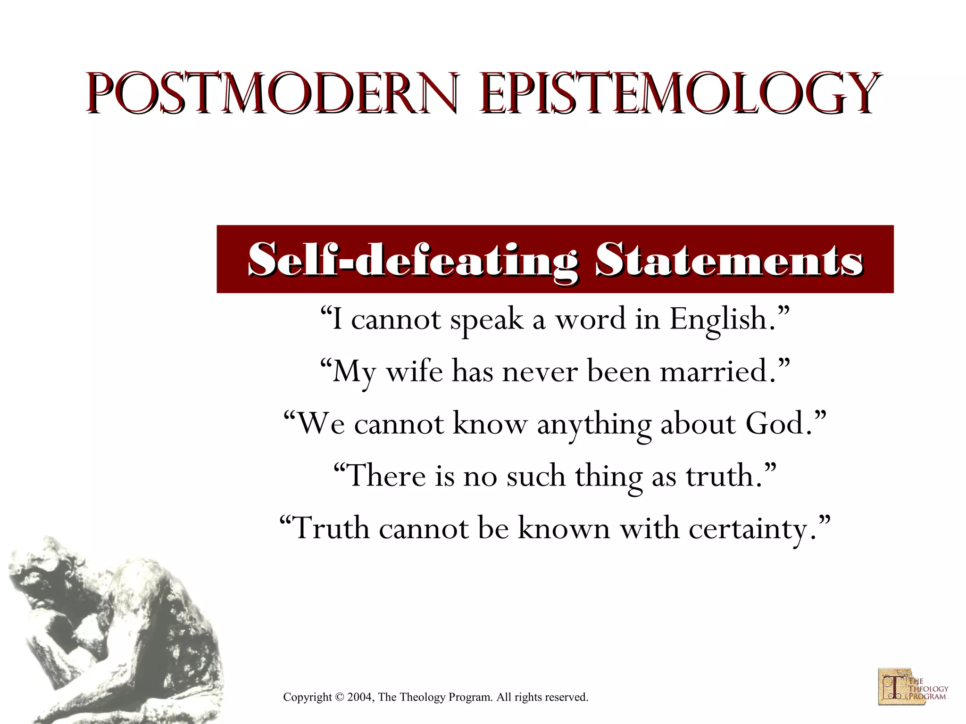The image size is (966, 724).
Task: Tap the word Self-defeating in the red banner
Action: point(413,260)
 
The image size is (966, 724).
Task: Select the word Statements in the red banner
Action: point(729,260)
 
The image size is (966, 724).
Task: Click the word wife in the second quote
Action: point(415,371)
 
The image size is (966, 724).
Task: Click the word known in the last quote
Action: point(564,528)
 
